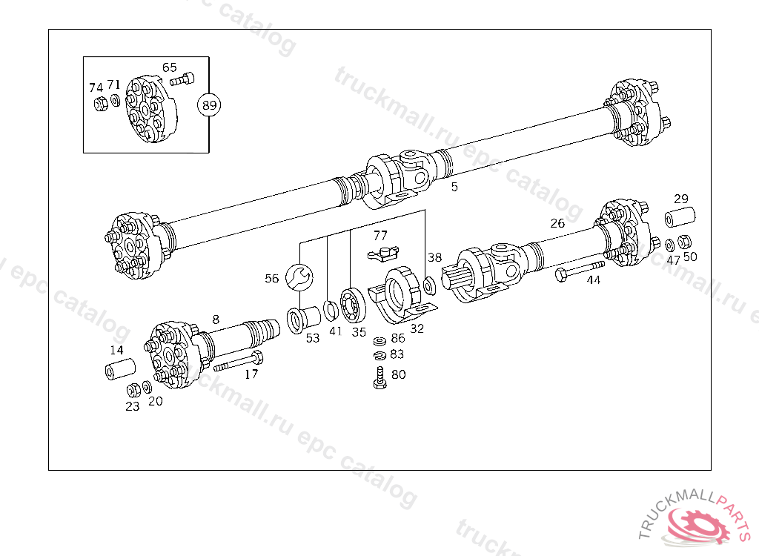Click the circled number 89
coord(210,105)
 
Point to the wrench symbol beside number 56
coord(301,277)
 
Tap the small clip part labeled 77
coord(383,254)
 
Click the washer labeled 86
coord(379,340)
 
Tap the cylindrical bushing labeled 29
coord(678,219)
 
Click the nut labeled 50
coord(686,242)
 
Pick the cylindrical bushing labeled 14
coord(119,368)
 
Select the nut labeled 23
coord(133,389)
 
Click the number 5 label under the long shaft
coord(454,187)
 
